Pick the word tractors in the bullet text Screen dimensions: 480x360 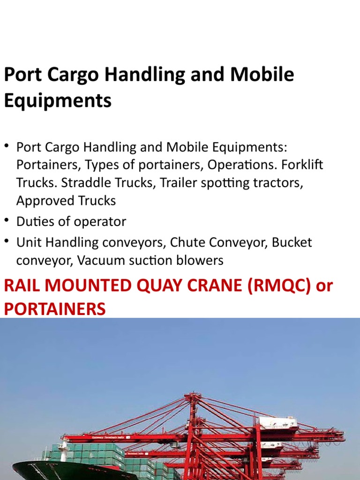pyautogui.click(x=279, y=183)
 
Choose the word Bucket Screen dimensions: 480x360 pyautogui.click(x=292, y=242)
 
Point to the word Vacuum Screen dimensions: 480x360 pyautogui.click(x=99, y=260)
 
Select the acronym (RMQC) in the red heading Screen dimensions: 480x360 pyautogui.click(x=273, y=285)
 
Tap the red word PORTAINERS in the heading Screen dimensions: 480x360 pyautogui.click(x=54, y=309)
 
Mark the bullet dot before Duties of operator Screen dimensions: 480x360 pyautogui.click(x=7, y=220)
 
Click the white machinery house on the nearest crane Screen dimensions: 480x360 pyautogui.click(x=278, y=423)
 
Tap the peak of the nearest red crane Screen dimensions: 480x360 pyautogui.click(x=192, y=397)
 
